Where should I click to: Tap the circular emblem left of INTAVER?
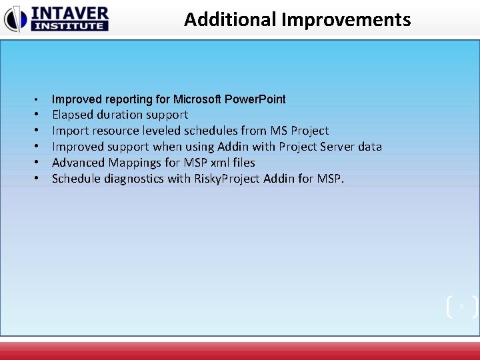(15, 19)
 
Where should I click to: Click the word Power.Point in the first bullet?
(255, 99)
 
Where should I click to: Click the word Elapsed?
(73, 115)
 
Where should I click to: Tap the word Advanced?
(78, 163)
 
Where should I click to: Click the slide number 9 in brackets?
(461, 307)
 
